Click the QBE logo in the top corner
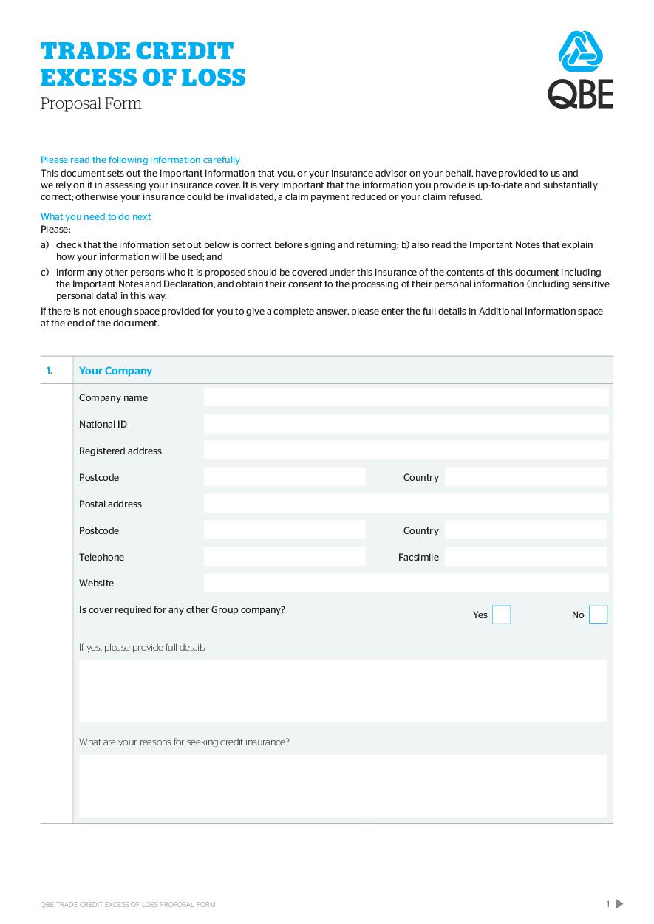tap(580, 70)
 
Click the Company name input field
tap(406, 397)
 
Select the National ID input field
tap(406, 424)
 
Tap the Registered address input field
tap(406, 451)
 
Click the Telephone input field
tap(285, 557)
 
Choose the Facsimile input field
tap(525, 557)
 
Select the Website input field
tap(406, 583)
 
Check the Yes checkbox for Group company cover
tap(501, 615)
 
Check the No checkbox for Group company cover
tap(598, 615)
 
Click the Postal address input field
tap(406, 504)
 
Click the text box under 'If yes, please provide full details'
tap(343, 691)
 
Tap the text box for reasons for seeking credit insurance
tap(343, 785)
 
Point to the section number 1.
tap(50, 371)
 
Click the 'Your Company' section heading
tap(115, 371)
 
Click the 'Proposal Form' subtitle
tap(91, 103)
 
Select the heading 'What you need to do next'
tap(95, 216)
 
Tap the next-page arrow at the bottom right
tap(619, 903)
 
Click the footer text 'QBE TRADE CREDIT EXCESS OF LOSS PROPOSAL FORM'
tap(128, 904)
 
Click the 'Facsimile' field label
tap(418, 557)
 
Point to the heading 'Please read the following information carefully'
tap(140, 160)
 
